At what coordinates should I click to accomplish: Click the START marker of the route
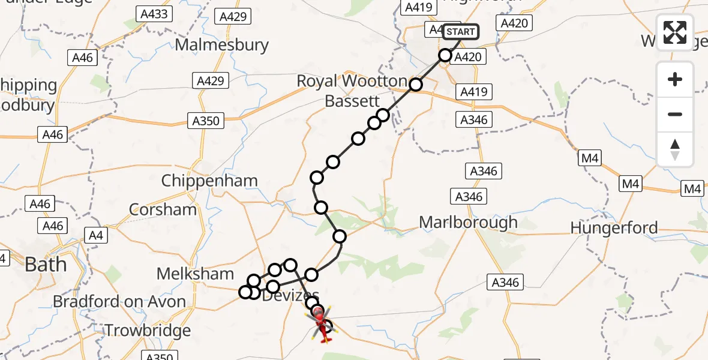(461, 32)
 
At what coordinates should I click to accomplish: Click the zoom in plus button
(675, 80)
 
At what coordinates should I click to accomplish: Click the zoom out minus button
(675, 114)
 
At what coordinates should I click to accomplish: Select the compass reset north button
(675, 149)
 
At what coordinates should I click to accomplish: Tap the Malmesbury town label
(222, 45)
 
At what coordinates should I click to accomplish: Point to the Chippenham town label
(209, 181)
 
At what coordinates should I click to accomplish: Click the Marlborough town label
(468, 223)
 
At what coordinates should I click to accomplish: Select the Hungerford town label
(614, 228)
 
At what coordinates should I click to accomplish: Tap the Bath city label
(46, 265)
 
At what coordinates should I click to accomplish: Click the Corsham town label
(163, 209)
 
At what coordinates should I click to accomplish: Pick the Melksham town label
(195, 274)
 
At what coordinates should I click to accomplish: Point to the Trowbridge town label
(148, 330)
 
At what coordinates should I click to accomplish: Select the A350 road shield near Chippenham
(205, 121)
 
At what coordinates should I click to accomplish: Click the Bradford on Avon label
(119, 301)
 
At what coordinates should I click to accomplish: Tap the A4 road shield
(95, 235)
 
